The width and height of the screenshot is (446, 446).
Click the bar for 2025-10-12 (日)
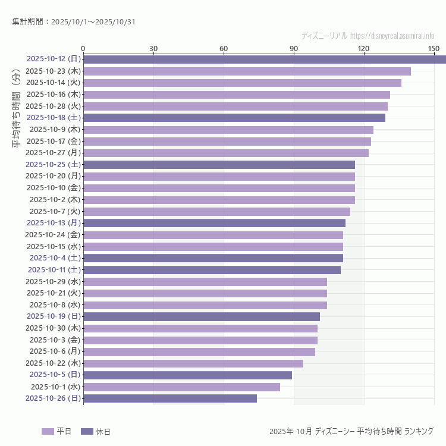pyautogui.click(x=265, y=59)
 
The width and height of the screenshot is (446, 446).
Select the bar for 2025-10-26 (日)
pyautogui.click(x=170, y=398)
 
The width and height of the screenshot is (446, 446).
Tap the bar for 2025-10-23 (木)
pyautogui.click(x=247, y=71)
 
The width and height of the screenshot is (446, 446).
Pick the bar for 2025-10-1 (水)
pyautogui.click(x=181, y=387)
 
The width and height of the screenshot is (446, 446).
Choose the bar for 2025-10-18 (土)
pyautogui.click(x=234, y=118)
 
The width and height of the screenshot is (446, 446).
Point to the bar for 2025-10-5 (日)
pyautogui.click(x=187, y=375)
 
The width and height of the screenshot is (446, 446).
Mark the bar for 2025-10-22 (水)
pyautogui.click(x=193, y=363)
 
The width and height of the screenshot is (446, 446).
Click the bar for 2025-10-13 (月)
pyautogui.click(x=214, y=223)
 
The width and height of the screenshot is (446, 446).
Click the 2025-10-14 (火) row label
pyautogui.click(x=54, y=83)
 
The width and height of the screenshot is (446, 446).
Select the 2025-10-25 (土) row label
pyautogui.click(x=54, y=165)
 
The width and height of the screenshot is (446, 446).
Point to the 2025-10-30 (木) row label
pyautogui.click(x=54, y=328)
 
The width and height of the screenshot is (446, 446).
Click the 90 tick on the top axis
pyautogui.click(x=294, y=48)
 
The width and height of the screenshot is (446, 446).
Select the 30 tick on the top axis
pyautogui.click(x=153, y=48)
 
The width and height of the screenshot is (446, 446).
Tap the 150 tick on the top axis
pyautogui.click(x=434, y=48)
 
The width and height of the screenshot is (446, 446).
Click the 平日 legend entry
pyautogui.click(x=56, y=431)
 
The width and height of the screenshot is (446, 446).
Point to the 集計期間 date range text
pyautogui.click(x=73, y=22)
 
